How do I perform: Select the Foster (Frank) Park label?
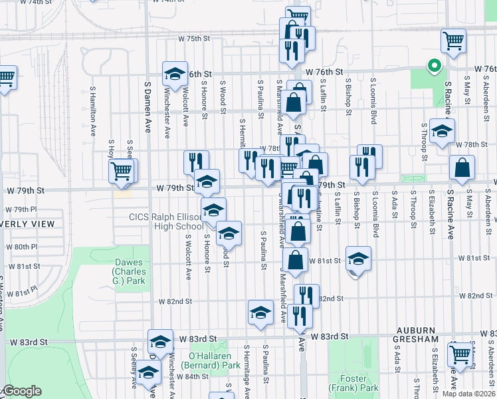click(x=353, y=383)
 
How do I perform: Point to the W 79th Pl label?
click(x=23, y=209)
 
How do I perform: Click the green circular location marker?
click(x=434, y=66)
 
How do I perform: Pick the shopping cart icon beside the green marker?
click(x=453, y=41)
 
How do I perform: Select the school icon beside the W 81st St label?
click(x=357, y=258)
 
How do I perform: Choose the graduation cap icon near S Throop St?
click(x=441, y=130)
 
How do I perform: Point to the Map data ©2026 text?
click(x=468, y=394)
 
